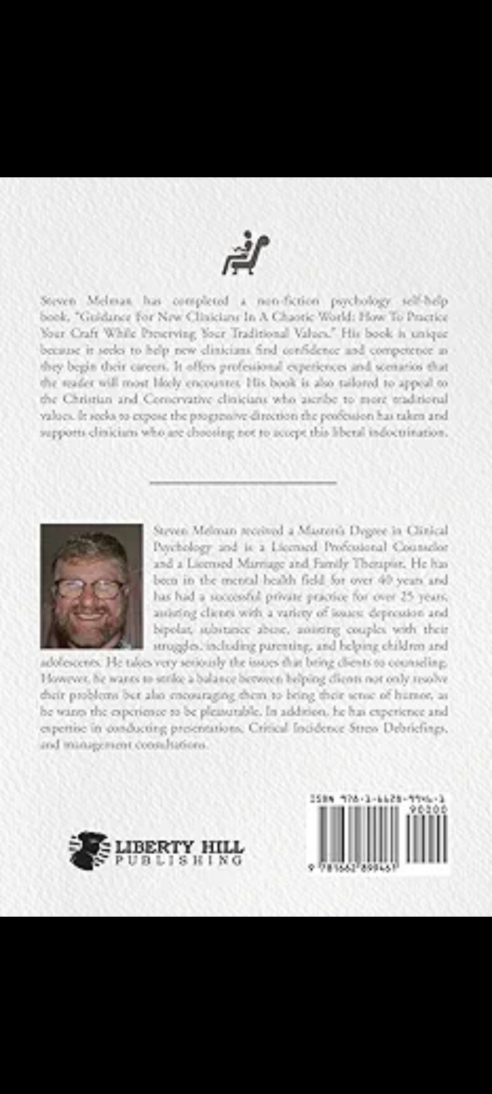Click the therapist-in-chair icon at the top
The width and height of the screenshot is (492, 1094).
[x=246, y=253]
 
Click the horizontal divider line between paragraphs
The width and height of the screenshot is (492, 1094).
[x=243, y=482]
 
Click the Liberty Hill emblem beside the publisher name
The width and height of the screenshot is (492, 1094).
[x=89, y=850]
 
